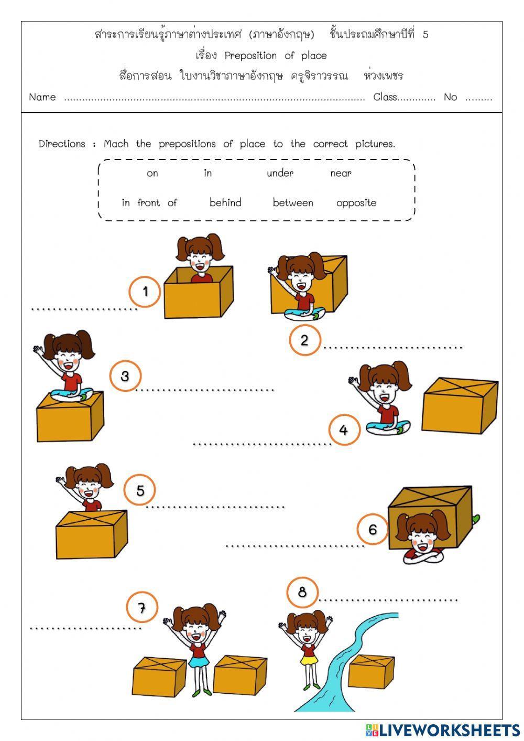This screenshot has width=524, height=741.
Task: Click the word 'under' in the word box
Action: (280, 174)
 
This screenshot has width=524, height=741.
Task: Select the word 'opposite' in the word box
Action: (356, 203)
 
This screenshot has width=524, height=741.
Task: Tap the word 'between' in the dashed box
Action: (293, 203)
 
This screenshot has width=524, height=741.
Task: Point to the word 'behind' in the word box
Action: (225, 203)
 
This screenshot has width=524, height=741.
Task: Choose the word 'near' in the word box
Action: (341, 174)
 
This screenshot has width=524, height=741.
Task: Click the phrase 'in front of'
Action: (149, 203)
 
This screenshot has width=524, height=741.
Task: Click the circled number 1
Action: (145, 292)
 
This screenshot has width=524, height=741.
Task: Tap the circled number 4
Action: (344, 430)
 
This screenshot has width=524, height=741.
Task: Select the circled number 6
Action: (373, 529)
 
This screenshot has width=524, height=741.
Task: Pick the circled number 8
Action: (302, 593)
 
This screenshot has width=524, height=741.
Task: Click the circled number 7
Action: (141, 608)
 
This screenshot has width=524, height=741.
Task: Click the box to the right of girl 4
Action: (459, 405)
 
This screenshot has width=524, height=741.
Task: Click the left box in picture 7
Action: (159, 676)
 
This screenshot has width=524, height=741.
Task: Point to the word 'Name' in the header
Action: (42, 97)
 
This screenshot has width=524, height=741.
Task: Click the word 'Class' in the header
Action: (385, 97)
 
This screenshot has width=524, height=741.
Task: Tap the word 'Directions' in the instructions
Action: (62, 144)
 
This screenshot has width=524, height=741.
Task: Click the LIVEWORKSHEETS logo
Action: (443, 729)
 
